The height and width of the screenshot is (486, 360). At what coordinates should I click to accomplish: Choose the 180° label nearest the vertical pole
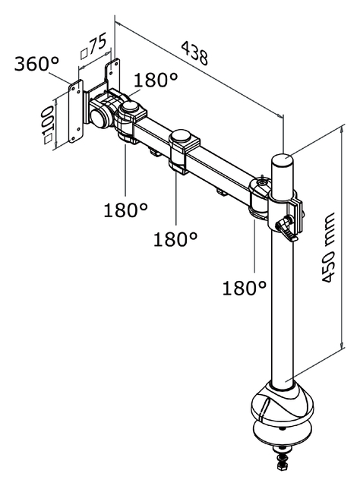[x=245, y=288]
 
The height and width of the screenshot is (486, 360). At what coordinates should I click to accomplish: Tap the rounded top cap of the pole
[x=283, y=161]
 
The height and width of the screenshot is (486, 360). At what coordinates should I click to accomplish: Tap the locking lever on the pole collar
[x=288, y=227]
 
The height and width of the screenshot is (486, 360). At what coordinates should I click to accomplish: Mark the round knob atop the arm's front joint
[x=131, y=107]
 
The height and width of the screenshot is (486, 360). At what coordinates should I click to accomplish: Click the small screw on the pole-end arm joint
[x=262, y=181]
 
